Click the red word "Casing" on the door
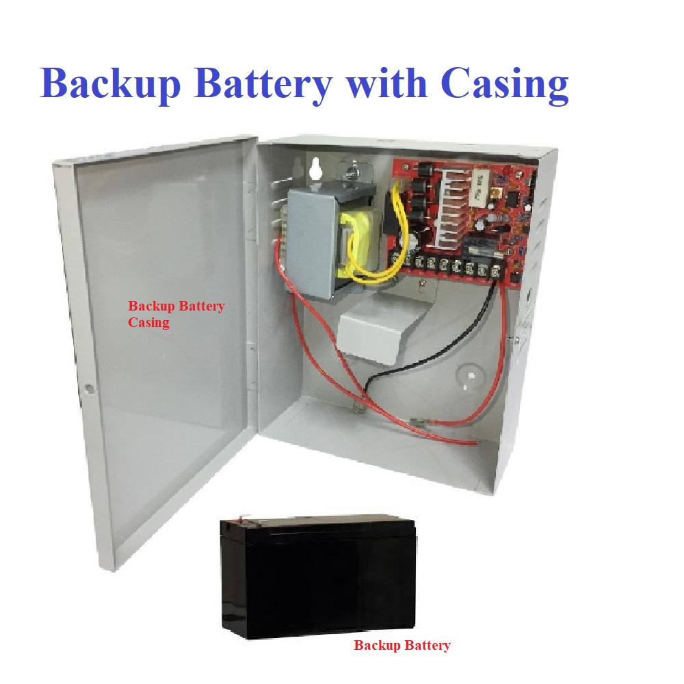point(148,321)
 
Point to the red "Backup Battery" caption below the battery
point(402,645)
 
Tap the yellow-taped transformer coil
point(356,236)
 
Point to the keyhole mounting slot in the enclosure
point(315,168)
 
